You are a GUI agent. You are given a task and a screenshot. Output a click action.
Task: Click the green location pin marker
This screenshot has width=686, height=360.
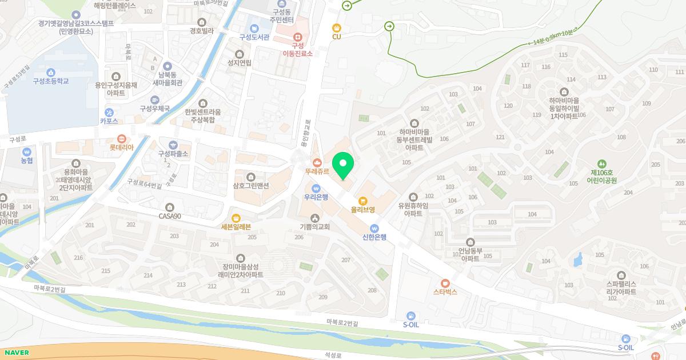343,165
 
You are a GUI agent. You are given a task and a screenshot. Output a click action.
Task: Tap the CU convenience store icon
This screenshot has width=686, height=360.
337,27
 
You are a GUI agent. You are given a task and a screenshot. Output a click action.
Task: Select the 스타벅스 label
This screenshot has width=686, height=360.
445,291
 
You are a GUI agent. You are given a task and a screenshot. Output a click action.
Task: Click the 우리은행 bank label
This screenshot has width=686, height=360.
316,197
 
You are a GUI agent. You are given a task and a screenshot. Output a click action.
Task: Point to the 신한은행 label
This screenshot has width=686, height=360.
374,237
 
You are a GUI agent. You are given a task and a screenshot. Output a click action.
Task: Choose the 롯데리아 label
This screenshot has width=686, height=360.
121,147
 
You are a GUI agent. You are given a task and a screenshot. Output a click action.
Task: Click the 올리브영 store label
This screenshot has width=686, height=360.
363,210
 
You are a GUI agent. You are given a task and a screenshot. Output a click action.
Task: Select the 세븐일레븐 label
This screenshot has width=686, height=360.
236,226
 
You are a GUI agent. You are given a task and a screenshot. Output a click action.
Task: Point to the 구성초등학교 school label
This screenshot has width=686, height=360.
51,81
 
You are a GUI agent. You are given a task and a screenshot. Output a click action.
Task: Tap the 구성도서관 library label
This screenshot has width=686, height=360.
253,37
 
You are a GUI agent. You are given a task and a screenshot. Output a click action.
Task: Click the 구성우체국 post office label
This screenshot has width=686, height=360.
155,108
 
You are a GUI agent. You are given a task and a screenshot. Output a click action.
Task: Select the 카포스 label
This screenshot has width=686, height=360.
109,121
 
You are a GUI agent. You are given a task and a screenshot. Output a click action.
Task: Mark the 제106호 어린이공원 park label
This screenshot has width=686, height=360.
601,175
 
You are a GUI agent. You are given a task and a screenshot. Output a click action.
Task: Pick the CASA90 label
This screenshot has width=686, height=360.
170,216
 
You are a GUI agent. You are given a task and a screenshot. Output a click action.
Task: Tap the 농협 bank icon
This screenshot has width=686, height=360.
26,161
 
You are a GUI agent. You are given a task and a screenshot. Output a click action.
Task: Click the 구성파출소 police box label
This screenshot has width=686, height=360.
173,154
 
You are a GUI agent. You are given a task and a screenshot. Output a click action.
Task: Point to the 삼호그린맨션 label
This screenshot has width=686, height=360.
250,185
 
